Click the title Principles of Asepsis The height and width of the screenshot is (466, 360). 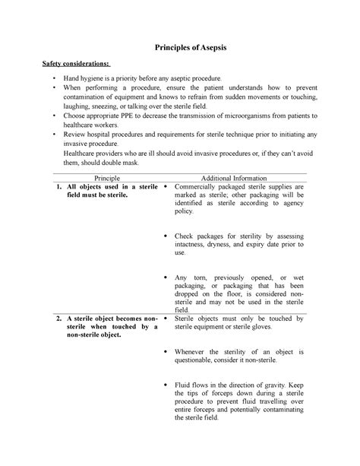[180, 47]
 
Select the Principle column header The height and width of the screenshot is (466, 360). [100, 177]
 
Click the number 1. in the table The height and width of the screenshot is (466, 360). [57, 187]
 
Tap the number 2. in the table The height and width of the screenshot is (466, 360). [57, 319]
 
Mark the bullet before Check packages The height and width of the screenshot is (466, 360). [166, 236]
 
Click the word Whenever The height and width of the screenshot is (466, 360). [194, 352]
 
